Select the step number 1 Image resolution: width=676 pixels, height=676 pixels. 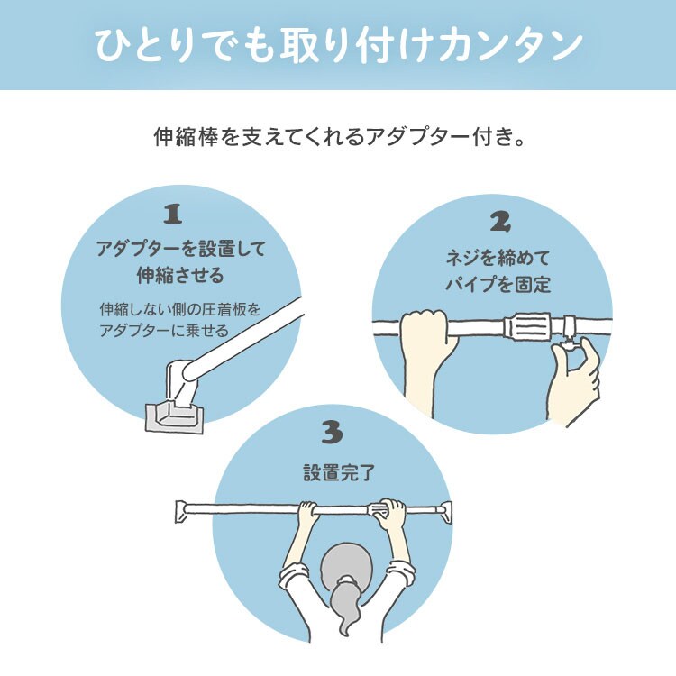click(x=173, y=215)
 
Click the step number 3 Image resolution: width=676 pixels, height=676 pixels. click(x=333, y=434)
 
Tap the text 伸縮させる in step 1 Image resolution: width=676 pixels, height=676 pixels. click(x=179, y=273)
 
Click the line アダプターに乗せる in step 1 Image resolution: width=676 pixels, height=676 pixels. click(x=164, y=330)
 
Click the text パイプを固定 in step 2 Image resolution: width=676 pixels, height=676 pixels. click(x=499, y=284)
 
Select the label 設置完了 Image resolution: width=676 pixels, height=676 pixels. click(x=333, y=472)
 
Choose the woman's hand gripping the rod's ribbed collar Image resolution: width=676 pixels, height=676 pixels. click(x=392, y=515)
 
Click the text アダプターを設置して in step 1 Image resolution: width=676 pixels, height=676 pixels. click(x=179, y=249)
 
